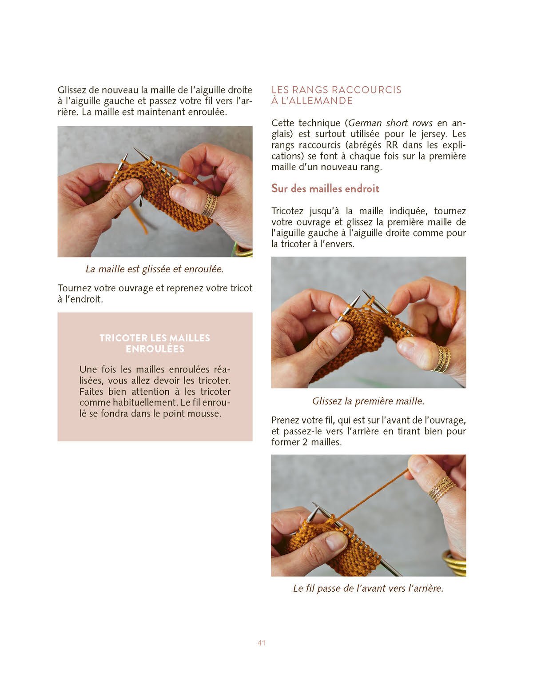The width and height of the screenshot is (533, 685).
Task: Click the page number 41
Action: [261, 643]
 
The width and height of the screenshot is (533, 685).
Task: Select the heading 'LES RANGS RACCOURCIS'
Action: [336, 90]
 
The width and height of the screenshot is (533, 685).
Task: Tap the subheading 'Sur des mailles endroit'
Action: [325, 188]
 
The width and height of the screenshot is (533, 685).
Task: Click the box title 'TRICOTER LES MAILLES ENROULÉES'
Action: [155, 343]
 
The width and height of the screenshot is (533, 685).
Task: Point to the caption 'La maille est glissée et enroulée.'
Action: [155, 269]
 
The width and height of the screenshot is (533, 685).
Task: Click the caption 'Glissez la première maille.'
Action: [368, 401]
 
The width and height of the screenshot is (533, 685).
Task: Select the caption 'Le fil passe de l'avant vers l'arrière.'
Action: [368, 588]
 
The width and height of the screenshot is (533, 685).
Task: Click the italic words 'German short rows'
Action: [390, 123]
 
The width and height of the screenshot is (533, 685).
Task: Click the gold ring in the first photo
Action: [210, 205]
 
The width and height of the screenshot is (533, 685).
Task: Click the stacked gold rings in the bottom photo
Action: [442, 489]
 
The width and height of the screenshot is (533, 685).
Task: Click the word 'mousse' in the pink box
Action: [205, 413]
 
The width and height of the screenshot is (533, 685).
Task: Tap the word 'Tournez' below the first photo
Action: [75, 288]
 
